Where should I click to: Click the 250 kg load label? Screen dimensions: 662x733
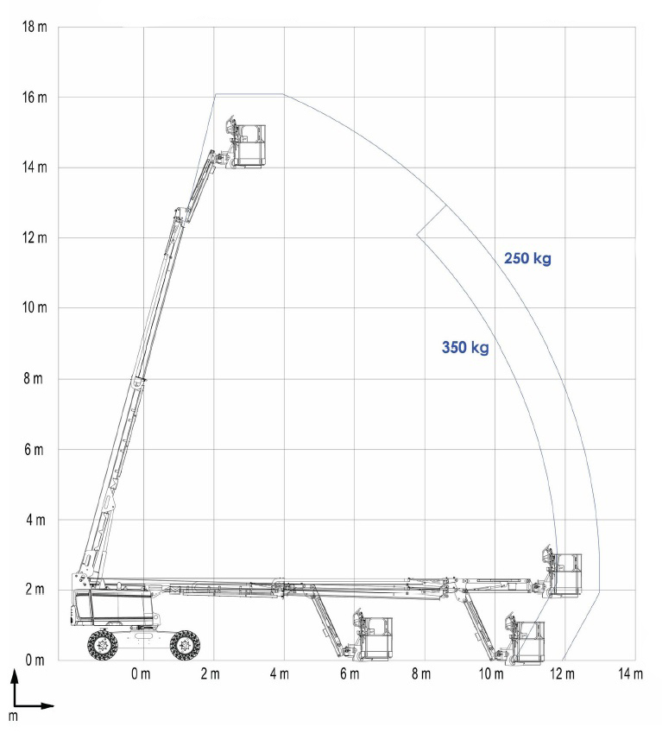tap(527, 258)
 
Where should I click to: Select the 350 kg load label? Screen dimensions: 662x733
tap(465, 347)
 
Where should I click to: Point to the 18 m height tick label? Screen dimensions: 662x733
tap(35, 27)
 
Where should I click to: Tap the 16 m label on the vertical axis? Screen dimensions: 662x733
tap(35, 98)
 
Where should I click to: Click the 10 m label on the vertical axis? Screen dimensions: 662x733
tap(35, 307)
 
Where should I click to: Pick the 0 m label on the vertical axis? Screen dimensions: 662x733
tap(35, 660)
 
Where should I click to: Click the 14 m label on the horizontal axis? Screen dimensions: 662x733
tap(630, 673)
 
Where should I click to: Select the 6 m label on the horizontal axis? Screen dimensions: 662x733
tap(350, 673)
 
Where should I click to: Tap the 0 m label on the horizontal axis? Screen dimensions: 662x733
tap(141, 673)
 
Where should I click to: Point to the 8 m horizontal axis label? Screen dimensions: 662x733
tap(421, 673)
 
